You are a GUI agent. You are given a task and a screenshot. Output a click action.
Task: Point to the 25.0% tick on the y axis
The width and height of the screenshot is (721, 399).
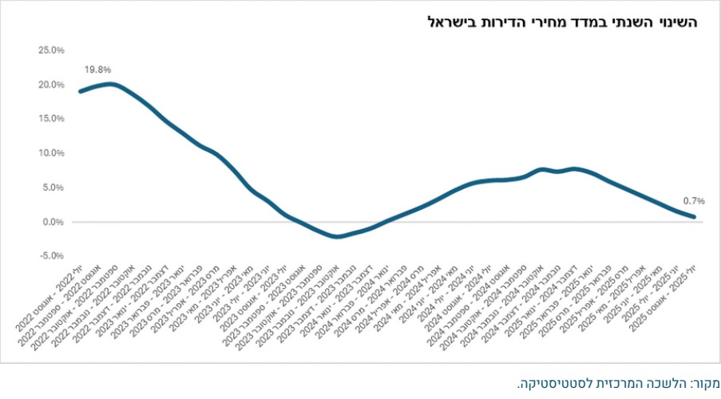pyautogui.click(x=51, y=50)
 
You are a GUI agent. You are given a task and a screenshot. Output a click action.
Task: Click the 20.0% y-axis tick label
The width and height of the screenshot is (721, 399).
pyautogui.click(x=51, y=85)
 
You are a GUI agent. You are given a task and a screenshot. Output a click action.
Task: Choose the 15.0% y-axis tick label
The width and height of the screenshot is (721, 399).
pyautogui.click(x=51, y=119)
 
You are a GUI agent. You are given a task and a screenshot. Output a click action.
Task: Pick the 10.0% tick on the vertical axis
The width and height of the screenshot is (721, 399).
pyautogui.click(x=51, y=153)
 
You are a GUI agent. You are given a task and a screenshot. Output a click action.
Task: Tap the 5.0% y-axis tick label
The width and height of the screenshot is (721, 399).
pyautogui.click(x=53, y=188)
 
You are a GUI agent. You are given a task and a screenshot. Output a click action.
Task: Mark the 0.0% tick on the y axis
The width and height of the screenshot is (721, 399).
pyautogui.click(x=53, y=222)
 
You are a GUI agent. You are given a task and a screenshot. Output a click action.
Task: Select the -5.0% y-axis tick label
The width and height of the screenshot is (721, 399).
pyautogui.click(x=51, y=256)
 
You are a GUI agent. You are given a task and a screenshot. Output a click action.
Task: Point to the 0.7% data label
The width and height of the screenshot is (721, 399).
pyautogui.click(x=693, y=202)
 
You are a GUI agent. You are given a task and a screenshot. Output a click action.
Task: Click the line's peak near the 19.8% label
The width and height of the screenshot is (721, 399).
pyautogui.click(x=110, y=84)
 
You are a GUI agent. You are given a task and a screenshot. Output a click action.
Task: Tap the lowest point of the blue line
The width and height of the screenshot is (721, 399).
pyautogui.click(x=339, y=236)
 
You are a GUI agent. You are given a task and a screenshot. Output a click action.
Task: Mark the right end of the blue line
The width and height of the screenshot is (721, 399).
pyautogui.click(x=694, y=217)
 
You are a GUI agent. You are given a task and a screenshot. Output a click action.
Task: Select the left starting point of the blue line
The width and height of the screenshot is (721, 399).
pyautogui.click(x=80, y=91)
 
